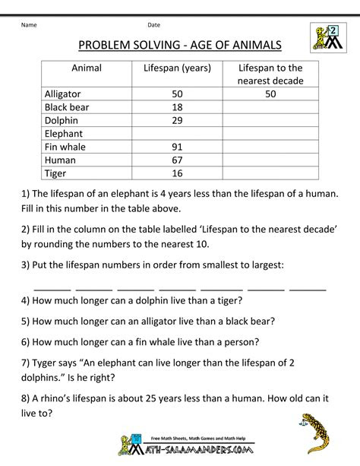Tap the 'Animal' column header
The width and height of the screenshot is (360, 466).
(87, 68)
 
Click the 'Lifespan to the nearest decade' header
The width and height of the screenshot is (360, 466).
(270, 74)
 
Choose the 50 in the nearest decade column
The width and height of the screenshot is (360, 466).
(270, 94)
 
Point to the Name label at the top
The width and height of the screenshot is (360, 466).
(30, 24)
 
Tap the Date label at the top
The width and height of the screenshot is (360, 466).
(154, 24)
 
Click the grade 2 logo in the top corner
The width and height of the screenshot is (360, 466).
(327, 36)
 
